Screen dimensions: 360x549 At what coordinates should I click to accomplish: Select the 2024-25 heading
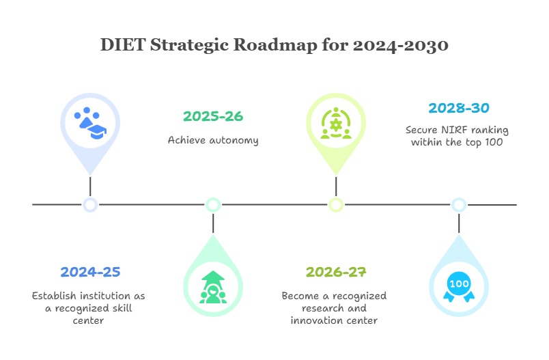tap(90, 272)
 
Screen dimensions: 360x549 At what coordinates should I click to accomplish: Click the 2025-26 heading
tap(213, 116)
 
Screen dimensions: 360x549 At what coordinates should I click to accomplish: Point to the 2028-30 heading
tap(458, 108)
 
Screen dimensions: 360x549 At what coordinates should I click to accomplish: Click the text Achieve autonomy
tap(213, 140)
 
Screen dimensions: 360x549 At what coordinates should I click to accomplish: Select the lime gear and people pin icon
tap(335, 123)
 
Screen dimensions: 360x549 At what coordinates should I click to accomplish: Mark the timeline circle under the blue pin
tap(90, 204)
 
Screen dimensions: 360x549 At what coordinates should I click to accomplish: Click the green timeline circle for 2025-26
tap(213, 204)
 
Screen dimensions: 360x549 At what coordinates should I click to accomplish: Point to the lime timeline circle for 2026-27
tap(335, 204)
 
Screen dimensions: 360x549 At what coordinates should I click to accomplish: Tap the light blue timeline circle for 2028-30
tap(459, 204)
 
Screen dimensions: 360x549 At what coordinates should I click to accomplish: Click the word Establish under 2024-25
tap(54, 296)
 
